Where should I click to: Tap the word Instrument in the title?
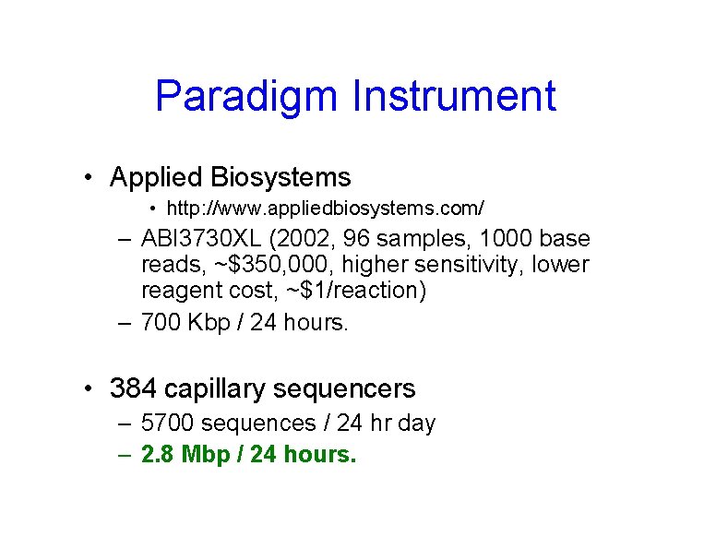tap(454, 97)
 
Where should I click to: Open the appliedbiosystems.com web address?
tap(325, 206)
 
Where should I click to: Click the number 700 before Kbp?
tap(160, 324)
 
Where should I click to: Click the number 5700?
tap(167, 424)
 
